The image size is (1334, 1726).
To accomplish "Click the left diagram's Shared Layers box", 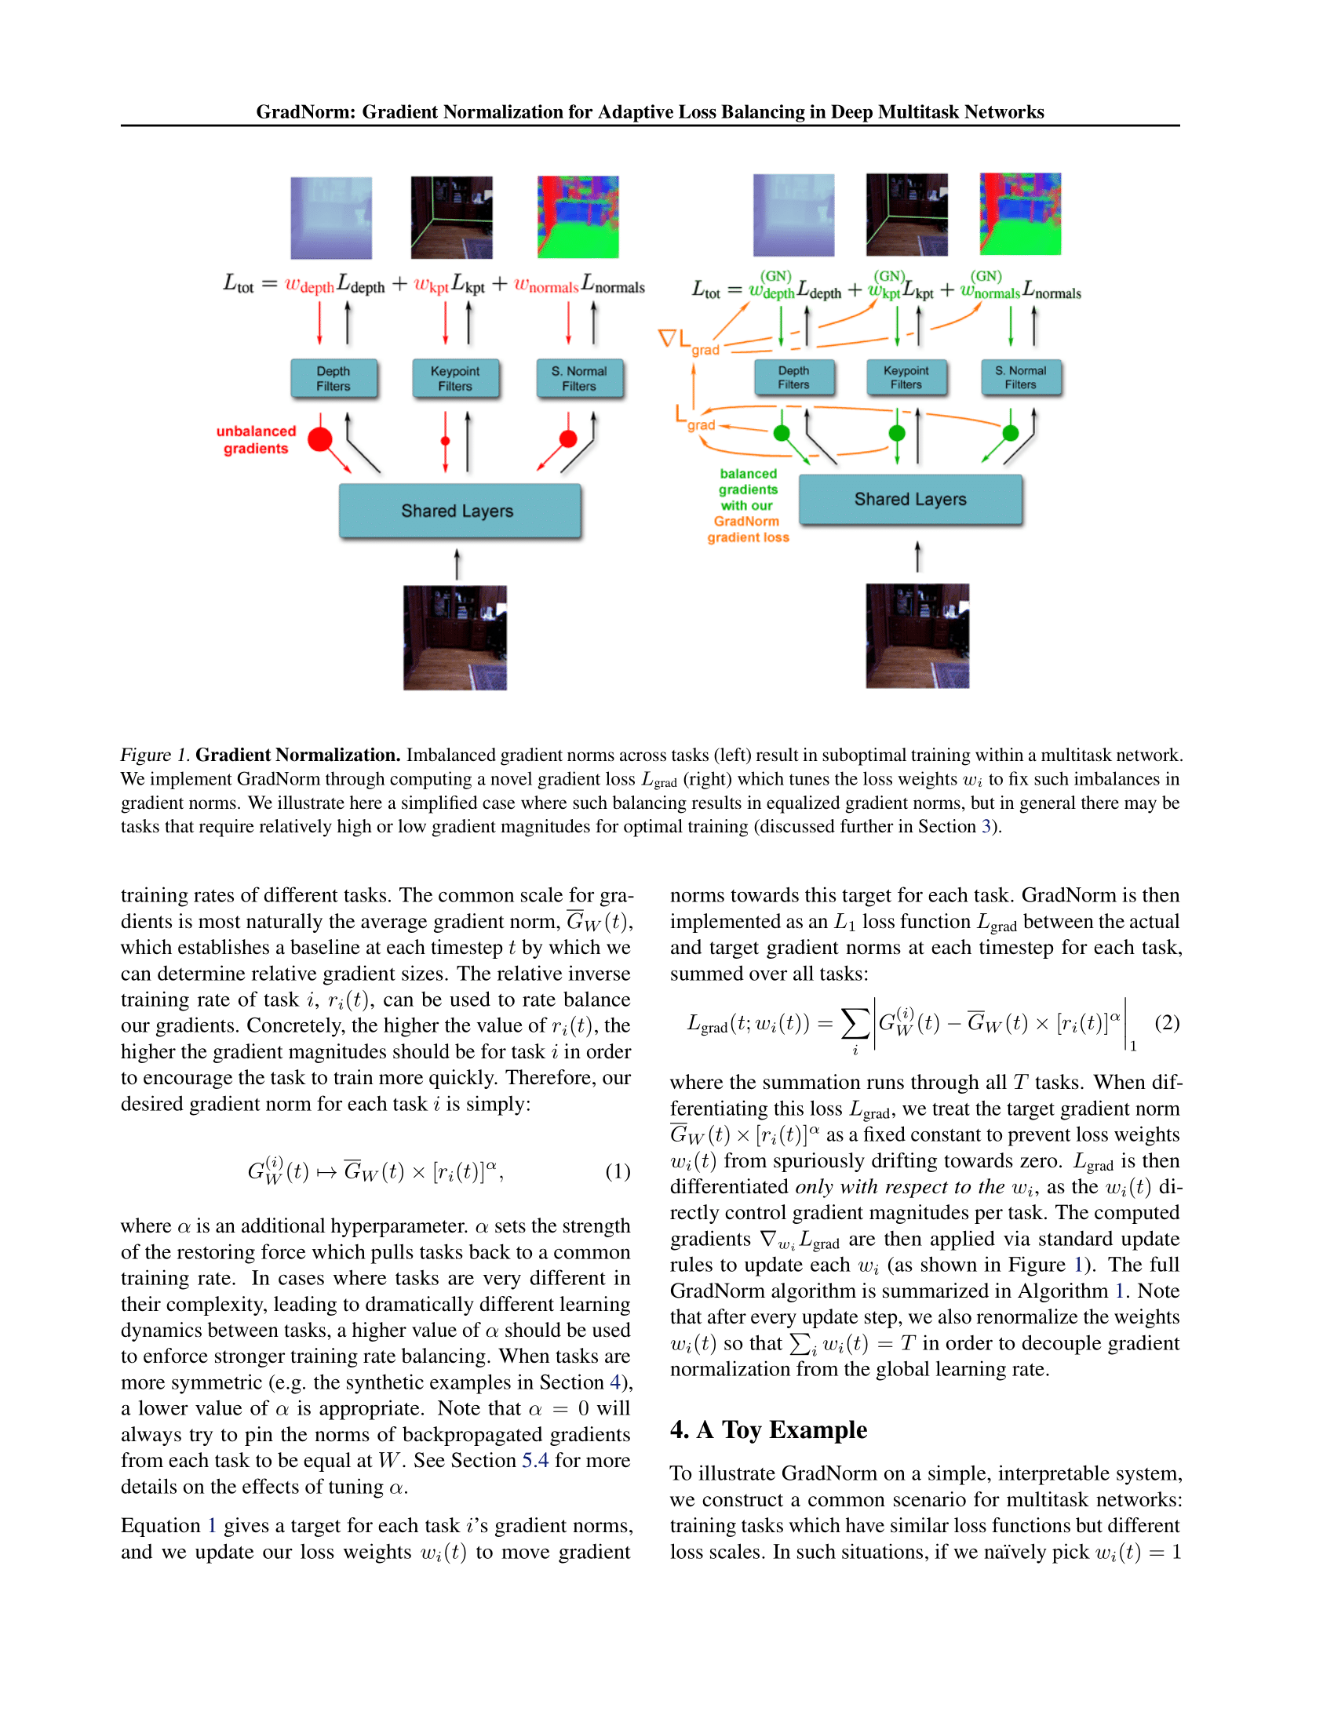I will pos(459,512).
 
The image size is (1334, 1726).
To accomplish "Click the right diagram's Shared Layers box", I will pos(909,500).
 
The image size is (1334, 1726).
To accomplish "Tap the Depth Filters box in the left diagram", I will pos(333,379).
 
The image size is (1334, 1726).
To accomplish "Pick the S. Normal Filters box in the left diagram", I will pos(579,379).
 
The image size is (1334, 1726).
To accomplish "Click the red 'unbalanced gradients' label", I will pos(255,440).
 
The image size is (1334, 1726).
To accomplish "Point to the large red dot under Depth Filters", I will pos(320,439).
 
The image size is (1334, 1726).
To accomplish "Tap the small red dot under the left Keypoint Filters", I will pos(446,441).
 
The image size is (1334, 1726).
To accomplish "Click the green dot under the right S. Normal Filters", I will pos(1010,433).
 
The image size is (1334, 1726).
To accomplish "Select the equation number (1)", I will pos(618,1171).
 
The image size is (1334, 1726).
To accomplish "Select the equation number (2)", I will pos(1166,1022).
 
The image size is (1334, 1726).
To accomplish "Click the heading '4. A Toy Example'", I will pos(768,1430).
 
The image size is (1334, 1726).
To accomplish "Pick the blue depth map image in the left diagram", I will pos(331,218).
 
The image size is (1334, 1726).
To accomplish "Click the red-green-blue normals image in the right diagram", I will pos(1019,214).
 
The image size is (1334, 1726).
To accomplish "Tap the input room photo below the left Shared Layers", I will pos(455,638).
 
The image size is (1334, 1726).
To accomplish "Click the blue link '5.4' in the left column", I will pos(535,1461).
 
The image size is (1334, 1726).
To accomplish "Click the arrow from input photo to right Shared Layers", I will pos(917,556).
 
